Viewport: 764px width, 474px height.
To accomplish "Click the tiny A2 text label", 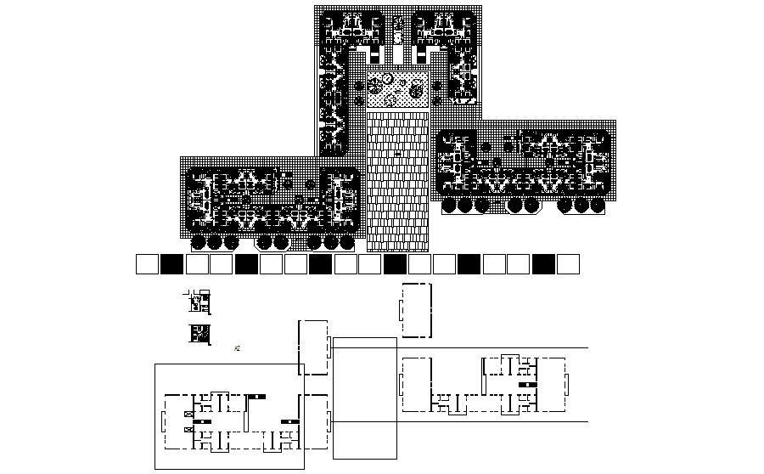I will pyautogui.click(x=237, y=348).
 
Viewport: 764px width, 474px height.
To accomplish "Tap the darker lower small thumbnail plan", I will pyautogui.click(x=199, y=335).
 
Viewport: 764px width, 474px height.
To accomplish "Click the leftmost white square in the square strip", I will pyautogui.click(x=147, y=264).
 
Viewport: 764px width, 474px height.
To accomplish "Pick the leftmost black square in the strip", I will pyautogui.click(x=171, y=264).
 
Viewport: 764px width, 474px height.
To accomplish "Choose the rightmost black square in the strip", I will pyautogui.click(x=543, y=264).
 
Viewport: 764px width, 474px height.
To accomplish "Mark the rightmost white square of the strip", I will pyautogui.click(x=568, y=264).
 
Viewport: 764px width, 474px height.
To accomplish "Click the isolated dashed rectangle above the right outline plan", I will pyautogui.click(x=415, y=311).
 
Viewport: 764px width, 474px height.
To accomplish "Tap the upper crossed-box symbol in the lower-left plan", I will pyautogui.click(x=188, y=414).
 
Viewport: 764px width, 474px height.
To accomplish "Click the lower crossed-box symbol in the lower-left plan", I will pyautogui.click(x=188, y=431).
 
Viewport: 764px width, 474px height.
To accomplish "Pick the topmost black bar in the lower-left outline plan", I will pyautogui.click(x=257, y=396).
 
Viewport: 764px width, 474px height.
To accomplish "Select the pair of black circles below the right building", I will pyautogui.click(x=520, y=205).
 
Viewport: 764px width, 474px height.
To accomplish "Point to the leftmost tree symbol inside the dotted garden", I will pyautogui.click(x=374, y=85).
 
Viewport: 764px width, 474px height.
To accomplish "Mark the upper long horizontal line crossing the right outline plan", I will pyautogui.click(x=509, y=348).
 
